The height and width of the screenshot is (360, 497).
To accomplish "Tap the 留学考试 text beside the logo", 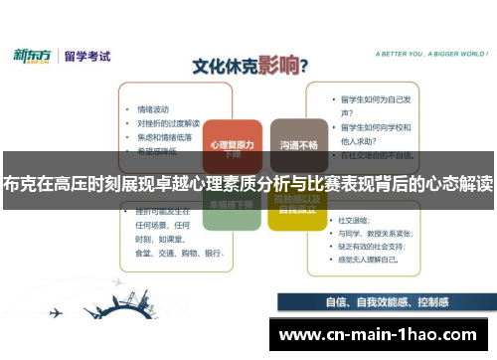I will [86, 55].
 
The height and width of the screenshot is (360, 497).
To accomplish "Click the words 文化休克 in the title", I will [226, 67].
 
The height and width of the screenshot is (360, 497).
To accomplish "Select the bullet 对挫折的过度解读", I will [170, 123].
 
